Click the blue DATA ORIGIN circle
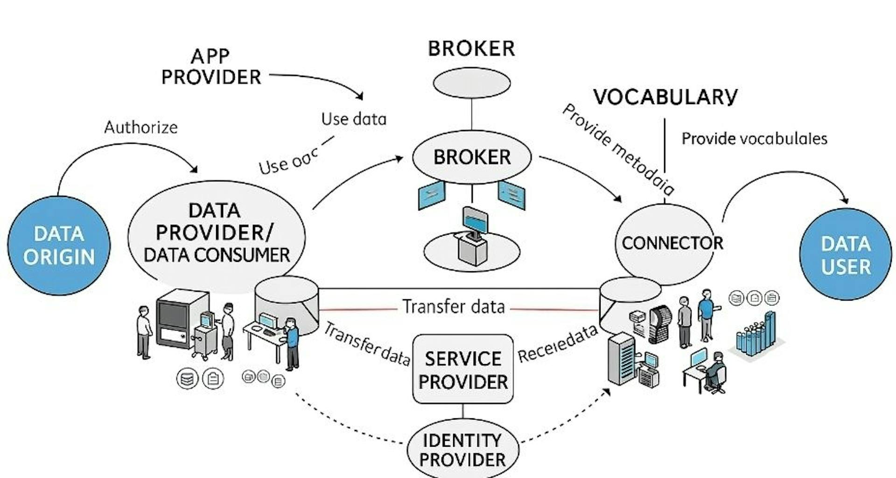point(59,246)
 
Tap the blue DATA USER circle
point(846,255)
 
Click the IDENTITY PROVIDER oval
point(463,449)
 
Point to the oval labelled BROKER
point(472,157)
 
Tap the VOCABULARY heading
point(665,97)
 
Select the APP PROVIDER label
point(211,67)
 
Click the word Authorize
point(141,127)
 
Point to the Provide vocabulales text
point(754,139)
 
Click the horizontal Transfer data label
point(454,307)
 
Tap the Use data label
point(354,119)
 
